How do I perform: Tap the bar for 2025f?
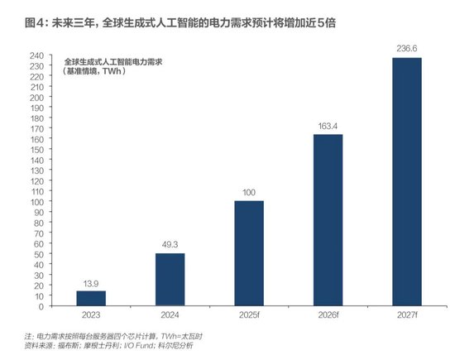(248, 252)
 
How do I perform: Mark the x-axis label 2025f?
(248, 315)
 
